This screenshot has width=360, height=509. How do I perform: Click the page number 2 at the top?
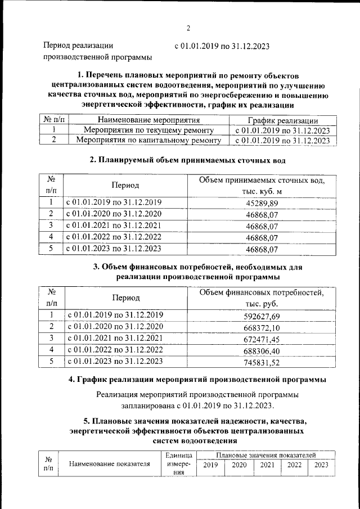(x=188, y=29)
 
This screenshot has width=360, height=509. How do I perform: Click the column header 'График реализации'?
(x=283, y=120)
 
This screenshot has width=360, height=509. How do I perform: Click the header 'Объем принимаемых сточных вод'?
(x=263, y=180)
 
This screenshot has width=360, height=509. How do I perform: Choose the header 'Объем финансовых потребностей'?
(x=262, y=292)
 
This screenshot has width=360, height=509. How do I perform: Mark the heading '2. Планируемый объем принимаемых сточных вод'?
(x=188, y=160)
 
